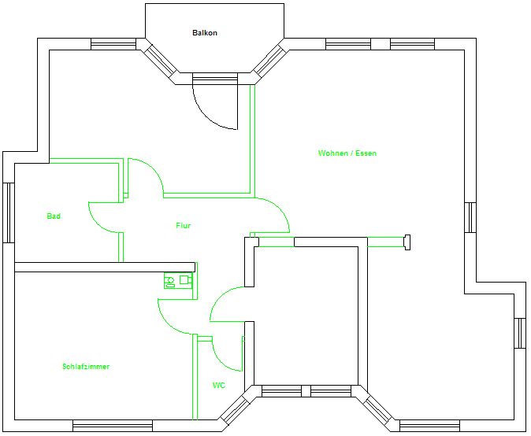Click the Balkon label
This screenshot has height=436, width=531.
pyautogui.click(x=205, y=33)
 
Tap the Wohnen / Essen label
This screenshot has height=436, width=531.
pyautogui.click(x=347, y=153)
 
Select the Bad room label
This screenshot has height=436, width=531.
pyautogui.click(x=54, y=216)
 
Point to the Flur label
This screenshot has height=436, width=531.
pyautogui.click(x=184, y=226)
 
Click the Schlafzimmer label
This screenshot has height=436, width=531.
pyautogui.click(x=86, y=367)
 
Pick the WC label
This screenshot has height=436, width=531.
pyautogui.click(x=219, y=386)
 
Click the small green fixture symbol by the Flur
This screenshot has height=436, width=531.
pyautogui.click(x=178, y=280)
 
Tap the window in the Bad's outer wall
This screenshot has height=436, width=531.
pyautogui.click(x=9, y=212)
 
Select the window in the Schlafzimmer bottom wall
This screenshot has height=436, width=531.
pyautogui.click(x=113, y=426)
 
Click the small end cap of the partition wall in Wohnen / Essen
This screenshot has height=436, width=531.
pyautogui.click(x=407, y=242)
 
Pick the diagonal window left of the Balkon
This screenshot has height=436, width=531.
pyautogui.click(x=160, y=61)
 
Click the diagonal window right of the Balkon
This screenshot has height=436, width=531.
pyautogui.click(x=269, y=61)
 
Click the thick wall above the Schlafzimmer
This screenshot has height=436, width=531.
pyautogui.click(x=105, y=267)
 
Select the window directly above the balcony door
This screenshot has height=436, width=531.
pyautogui.click(x=214, y=79)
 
